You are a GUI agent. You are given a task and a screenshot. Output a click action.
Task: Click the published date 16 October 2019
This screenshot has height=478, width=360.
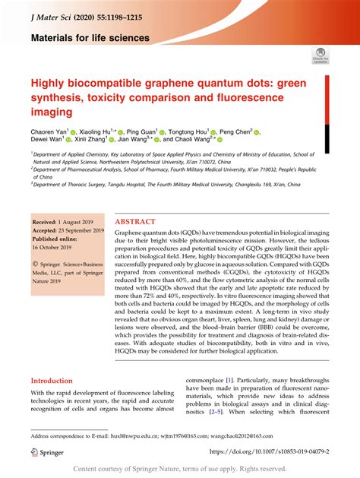[55, 248]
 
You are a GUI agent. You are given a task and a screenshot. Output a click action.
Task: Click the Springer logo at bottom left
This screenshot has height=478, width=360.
[47, 451]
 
